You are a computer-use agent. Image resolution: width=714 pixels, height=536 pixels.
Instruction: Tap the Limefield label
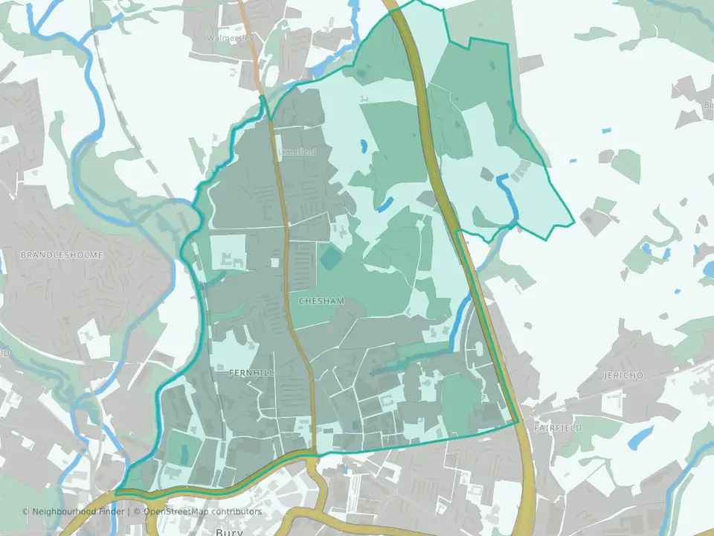point(297,152)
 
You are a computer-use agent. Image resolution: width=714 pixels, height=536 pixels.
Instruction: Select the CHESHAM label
point(321,301)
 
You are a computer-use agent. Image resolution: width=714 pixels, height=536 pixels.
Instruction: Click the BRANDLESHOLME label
point(62,255)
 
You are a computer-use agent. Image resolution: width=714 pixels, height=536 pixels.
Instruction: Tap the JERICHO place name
point(623,375)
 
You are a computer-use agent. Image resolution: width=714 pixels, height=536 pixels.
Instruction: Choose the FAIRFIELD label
point(558,429)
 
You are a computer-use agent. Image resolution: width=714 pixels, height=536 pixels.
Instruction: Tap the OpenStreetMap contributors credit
point(202,511)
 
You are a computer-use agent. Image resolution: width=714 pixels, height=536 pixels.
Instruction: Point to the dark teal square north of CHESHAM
point(329,258)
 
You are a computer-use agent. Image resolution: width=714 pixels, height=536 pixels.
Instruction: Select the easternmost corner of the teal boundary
point(573,223)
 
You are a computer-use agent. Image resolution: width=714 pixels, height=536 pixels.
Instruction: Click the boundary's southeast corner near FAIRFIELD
point(518,423)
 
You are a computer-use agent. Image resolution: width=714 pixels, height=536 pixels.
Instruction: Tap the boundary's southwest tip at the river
point(116,492)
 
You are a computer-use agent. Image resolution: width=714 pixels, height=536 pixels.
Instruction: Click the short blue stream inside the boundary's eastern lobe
point(509,195)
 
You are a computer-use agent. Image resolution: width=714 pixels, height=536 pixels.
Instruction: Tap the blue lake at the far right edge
point(708,268)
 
